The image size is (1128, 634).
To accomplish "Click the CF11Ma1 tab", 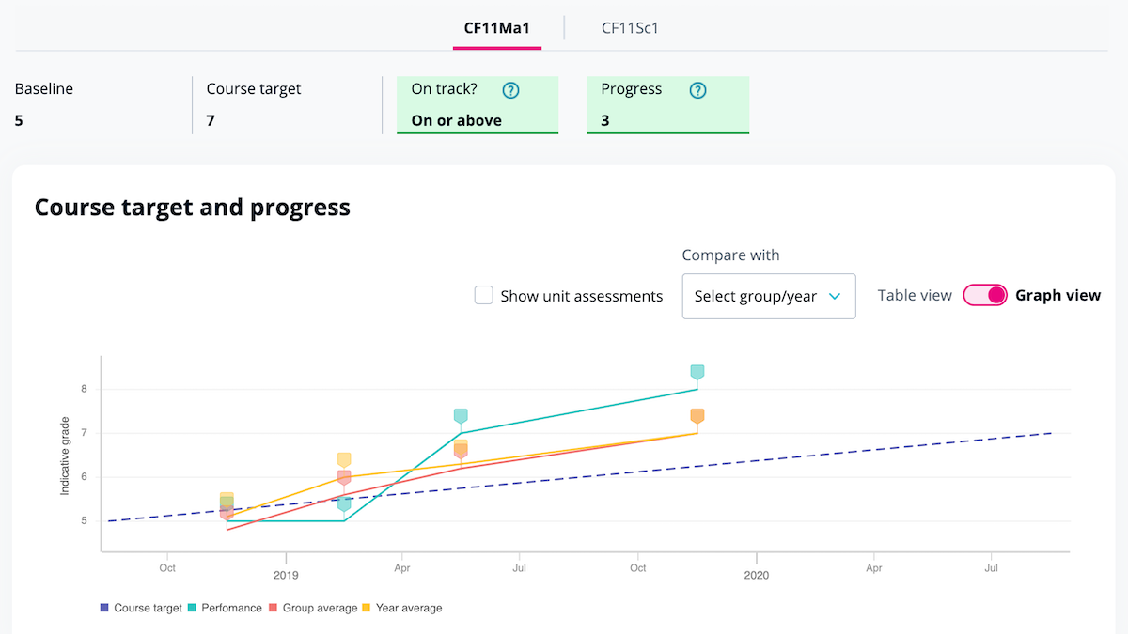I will pos(496,27).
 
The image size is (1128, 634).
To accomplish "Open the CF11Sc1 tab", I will pos(630,27).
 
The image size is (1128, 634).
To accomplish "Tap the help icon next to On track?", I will pos(510,90).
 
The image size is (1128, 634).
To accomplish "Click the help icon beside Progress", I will pos(697,90).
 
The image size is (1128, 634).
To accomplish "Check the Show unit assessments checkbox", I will pos(484,296).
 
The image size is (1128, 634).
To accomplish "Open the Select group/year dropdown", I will pos(768,297).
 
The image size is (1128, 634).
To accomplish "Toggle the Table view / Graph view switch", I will pos(985,295).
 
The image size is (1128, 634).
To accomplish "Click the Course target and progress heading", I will pos(192,207).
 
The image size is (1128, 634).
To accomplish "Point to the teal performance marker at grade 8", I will pos(697,372).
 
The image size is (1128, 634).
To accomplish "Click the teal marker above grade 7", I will pos(461,416).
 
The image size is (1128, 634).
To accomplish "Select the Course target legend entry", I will pos(141,608).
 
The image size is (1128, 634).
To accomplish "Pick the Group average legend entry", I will pos(313,608).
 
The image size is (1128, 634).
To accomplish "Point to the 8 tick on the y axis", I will pos(84,389).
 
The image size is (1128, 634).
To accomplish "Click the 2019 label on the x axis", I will pos(285,574).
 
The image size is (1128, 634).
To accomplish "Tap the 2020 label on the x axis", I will pos(756,574).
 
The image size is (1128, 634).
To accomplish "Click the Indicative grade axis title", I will pos(65,457).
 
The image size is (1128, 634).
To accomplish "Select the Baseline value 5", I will pos(19,120).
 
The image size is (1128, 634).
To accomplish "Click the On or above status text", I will pos(456,120).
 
